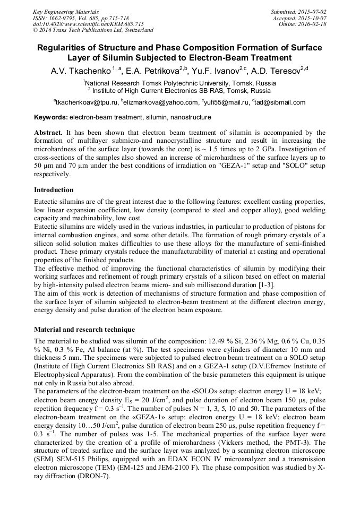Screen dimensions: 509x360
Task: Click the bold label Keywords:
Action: (51, 117)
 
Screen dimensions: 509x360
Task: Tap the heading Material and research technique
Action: (84, 329)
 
